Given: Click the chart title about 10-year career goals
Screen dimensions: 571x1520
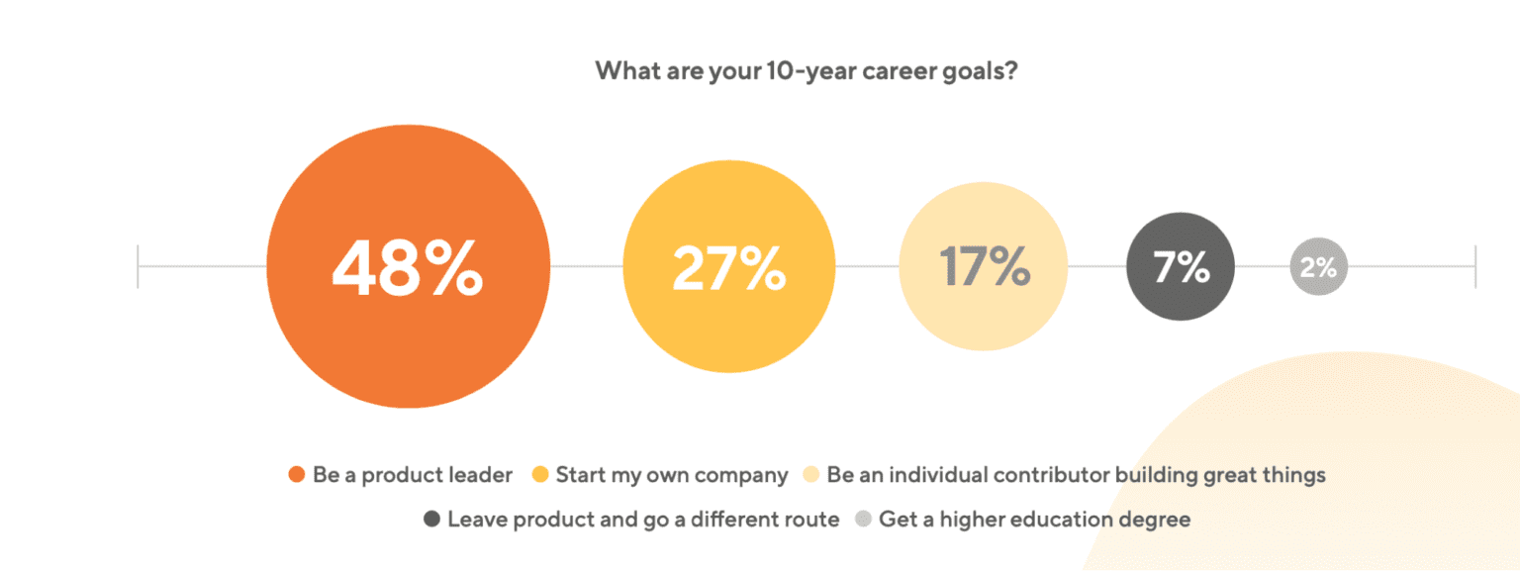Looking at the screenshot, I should tap(806, 72).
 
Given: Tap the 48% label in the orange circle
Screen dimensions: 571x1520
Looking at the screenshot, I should tap(408, 267).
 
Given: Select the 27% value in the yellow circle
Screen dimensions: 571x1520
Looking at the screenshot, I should tap(728, 267).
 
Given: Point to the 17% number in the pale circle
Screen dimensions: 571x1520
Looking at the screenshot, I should tap(984, 267).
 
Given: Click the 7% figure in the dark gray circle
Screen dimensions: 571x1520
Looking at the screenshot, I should tap(1181, 267).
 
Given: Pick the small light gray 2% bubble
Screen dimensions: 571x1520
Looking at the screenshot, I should tap(1318, 267).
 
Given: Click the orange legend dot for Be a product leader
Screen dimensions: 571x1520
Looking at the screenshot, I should tap(296, 475).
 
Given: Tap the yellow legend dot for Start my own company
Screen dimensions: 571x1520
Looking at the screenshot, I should tap(539, 475).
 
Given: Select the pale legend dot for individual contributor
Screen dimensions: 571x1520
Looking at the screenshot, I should tap(810, 475).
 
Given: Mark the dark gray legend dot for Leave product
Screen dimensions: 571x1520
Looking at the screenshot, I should tap(431, 520).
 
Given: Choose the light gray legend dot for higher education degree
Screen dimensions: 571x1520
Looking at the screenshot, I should tap(863, 520).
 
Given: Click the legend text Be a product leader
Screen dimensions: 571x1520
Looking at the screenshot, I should tap(413, 475).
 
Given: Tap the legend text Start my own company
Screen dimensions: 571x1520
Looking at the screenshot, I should tap(672, 475).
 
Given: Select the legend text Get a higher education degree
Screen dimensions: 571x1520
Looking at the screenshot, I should tap(1034, 520).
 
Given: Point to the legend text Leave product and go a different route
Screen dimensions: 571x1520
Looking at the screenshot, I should tap(643, 520).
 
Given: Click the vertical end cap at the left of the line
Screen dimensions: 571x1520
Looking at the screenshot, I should tap(139, 267).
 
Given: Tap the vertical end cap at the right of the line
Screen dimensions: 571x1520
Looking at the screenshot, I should tap(1475, 267).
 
